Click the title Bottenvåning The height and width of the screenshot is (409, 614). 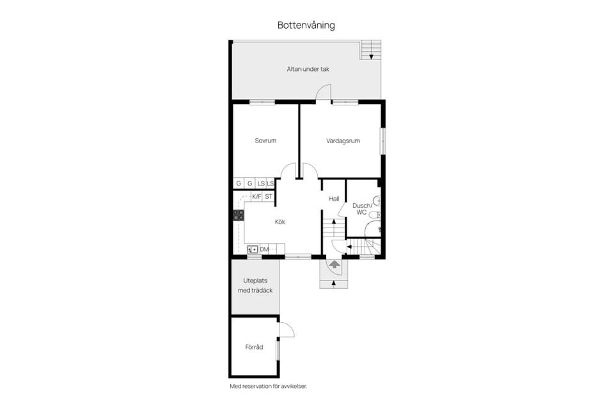pos(306,26)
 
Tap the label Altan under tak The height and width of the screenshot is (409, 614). pos(308,69)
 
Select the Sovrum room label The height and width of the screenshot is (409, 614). pos(265,141)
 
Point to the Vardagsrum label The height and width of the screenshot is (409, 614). pos(343,141)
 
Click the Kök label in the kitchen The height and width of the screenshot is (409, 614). pos(279,222)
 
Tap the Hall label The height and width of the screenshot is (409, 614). pos(334,199)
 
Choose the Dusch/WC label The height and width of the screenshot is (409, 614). pos(361,208)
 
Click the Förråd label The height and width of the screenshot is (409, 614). pos(254,347)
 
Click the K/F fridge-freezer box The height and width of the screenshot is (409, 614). pos(256,196)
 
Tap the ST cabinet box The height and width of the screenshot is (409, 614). pos(269,196)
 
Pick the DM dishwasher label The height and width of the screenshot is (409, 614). pos(264,249)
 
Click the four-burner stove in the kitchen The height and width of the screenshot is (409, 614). pos(239,215)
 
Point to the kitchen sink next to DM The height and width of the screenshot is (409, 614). pos(252,249)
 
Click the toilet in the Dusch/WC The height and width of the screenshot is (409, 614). pos(377,201)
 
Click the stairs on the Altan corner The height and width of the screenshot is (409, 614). pos(370,49)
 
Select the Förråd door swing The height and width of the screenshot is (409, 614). pos(286,329)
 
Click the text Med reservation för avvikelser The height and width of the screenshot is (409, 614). pos(273,386)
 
